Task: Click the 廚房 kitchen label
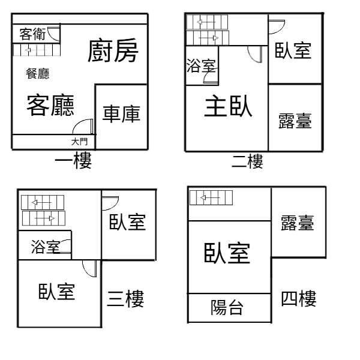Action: coord(113,50)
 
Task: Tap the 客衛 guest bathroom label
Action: coord(32,34)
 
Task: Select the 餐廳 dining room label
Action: coord(37,74)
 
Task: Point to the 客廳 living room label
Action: coord(50,105)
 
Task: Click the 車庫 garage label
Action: coord(121,113)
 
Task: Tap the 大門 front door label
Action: coord(79,142)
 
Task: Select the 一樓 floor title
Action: coord(73,160)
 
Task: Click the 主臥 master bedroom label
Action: coord(228,106)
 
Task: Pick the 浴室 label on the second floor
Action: coord(201,65)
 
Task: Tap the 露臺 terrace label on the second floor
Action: coord(295,121)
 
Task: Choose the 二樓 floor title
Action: coord(247,161)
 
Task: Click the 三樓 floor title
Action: coord(125,298)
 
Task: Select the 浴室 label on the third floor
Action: coord(46,247)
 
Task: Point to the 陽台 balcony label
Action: coord(227,307)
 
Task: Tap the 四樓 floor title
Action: coord(299,298)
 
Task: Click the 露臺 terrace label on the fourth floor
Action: coord(298,223)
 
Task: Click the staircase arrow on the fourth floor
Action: coord(210,197)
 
